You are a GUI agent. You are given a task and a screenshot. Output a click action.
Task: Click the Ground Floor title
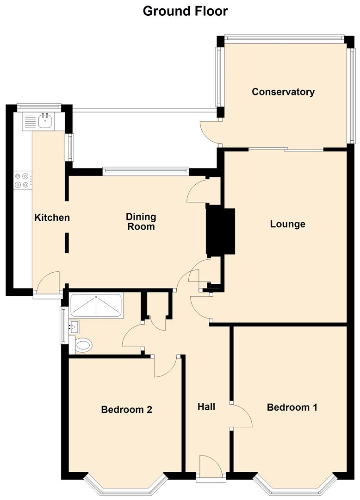coord(185,11)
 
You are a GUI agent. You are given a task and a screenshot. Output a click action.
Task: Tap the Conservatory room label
coord(283,92)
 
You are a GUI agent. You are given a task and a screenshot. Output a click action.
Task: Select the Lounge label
coord(287,225)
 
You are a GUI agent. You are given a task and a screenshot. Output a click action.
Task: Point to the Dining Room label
coord(141,222)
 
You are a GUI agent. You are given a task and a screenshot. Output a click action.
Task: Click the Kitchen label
coord(52,218)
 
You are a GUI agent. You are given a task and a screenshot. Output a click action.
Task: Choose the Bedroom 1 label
coord(292,407)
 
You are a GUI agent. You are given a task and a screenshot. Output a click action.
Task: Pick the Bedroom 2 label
coord(127,410)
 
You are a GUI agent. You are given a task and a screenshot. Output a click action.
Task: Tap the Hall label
coord(206,407)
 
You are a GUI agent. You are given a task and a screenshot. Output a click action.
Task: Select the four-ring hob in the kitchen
coord(23,180)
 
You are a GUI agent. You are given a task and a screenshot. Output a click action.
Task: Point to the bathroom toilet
coord(82,345)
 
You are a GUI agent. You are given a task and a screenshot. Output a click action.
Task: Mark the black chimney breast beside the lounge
coord(221,232)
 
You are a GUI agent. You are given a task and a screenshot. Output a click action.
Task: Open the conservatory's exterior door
coord(209,132)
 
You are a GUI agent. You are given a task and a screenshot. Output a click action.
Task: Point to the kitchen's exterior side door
coord(48,283)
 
